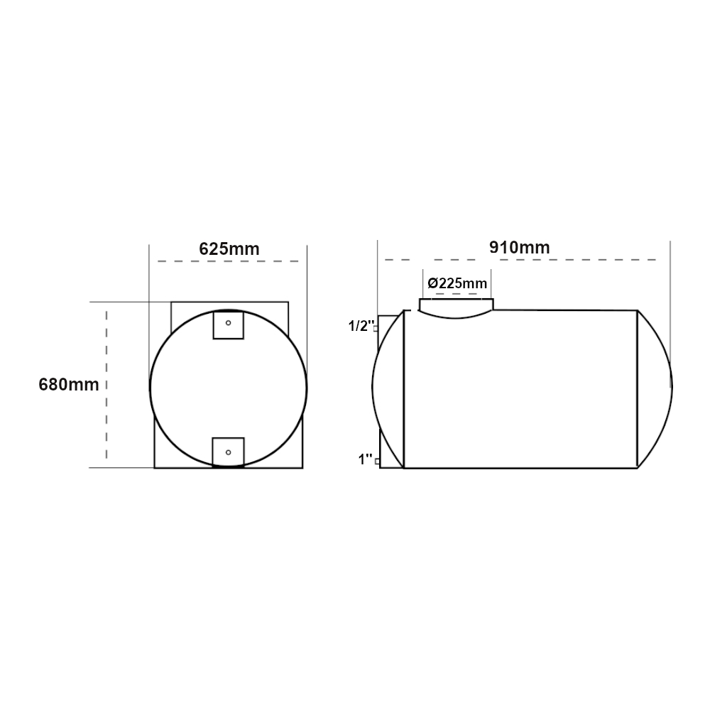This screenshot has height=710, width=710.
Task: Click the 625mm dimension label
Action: pyautogui.click(x=229, y=249)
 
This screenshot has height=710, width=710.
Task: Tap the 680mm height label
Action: pyautogui.click(x=69, y=384)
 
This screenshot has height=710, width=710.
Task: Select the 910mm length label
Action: pyautogui.click(x=520, y=247)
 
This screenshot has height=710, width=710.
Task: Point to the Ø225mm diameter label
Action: pyautogui.click(x=457, y=283)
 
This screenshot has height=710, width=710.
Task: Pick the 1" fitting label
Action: pyautogui.click(x=365, y=459)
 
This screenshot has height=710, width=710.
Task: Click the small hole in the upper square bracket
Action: pyautogui.click(x=228, y=323)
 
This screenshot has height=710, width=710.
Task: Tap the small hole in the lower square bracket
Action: pyautogui.click(x=228, y=452)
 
